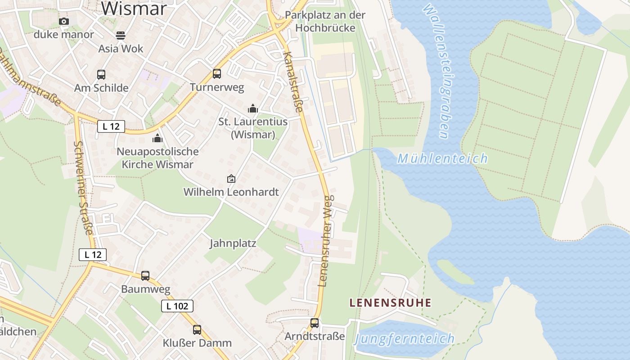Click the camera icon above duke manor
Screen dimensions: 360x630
click(x=64, y=22)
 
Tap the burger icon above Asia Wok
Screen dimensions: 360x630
click(x=120, y=35)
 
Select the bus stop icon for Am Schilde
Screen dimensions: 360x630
click(x=101, y=75)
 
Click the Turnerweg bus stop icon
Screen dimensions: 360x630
click(x=217, y=74)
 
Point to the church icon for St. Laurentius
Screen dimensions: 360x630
click(x=253, y=108)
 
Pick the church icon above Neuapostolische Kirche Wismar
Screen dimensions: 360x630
click(x=157, y=138)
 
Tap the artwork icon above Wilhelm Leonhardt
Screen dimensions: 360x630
click(x=231, y=179)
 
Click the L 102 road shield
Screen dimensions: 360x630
click(x=177, y=306)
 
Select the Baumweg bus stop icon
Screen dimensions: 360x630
click(x=145, y=276)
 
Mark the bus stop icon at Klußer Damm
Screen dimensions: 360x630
click(x=197, y=330)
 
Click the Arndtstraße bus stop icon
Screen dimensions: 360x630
click(x=315, y=323)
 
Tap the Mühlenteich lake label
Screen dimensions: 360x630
click(x=443, y=158)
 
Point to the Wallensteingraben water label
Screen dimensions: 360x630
click(x=436, y=72)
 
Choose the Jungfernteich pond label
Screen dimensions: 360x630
click(x=404, y=338)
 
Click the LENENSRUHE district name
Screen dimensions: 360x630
click(x=391, y=303)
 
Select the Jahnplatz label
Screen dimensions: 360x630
click(x=233, y=243)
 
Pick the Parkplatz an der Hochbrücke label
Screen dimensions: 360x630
click(x=325, y=21)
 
